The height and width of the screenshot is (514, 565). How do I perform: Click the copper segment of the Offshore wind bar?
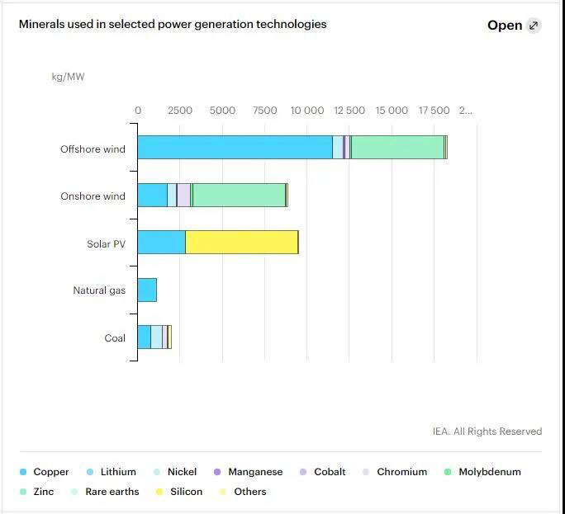(x=235, y=147)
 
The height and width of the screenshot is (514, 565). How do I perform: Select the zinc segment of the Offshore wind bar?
(x=397, y=147)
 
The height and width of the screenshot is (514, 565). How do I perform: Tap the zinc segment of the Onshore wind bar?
(x=239, y=196)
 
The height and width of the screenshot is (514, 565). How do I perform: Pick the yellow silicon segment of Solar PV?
(x=241, y=243)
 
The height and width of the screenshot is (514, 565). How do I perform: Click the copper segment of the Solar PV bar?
(x=161, y=243)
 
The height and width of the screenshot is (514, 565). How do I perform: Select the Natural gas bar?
(x=147, y=290)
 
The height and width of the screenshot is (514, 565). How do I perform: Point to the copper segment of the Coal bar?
(x=144, y=337)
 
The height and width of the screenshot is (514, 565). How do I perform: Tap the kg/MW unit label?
(x=68, y=78)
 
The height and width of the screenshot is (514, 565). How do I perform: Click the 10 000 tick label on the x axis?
(x=307, y=111)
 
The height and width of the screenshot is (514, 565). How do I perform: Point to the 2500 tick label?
(x=180, y=111)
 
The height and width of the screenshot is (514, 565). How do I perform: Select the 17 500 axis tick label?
(x=434, y=111)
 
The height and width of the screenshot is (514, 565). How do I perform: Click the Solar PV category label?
(x=106, y=244)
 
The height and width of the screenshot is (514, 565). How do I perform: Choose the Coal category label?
(x=115, y=338)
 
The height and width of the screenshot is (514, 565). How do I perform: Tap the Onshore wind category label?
(x=93, y=196)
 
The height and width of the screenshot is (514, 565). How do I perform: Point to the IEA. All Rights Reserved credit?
(x=487, y=431)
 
